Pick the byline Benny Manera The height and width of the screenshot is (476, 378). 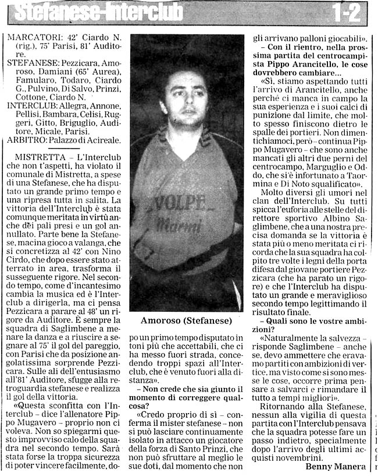tap(336, 467)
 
